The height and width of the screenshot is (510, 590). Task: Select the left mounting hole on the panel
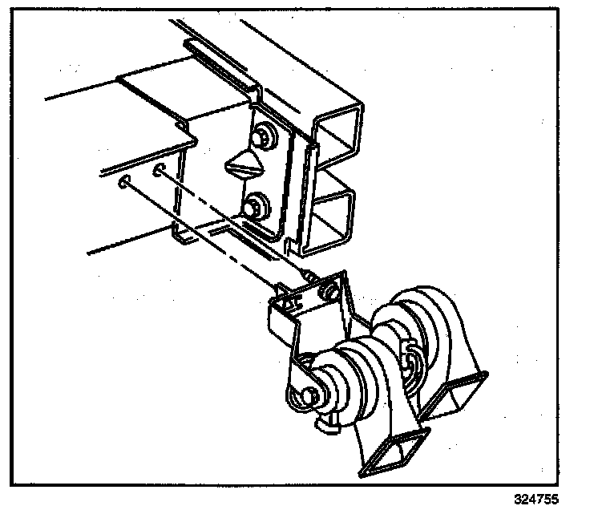tap(123, 184)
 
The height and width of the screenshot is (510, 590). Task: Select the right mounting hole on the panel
tap(160, 170)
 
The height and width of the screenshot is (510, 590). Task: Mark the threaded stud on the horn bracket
tap(309, 275)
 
